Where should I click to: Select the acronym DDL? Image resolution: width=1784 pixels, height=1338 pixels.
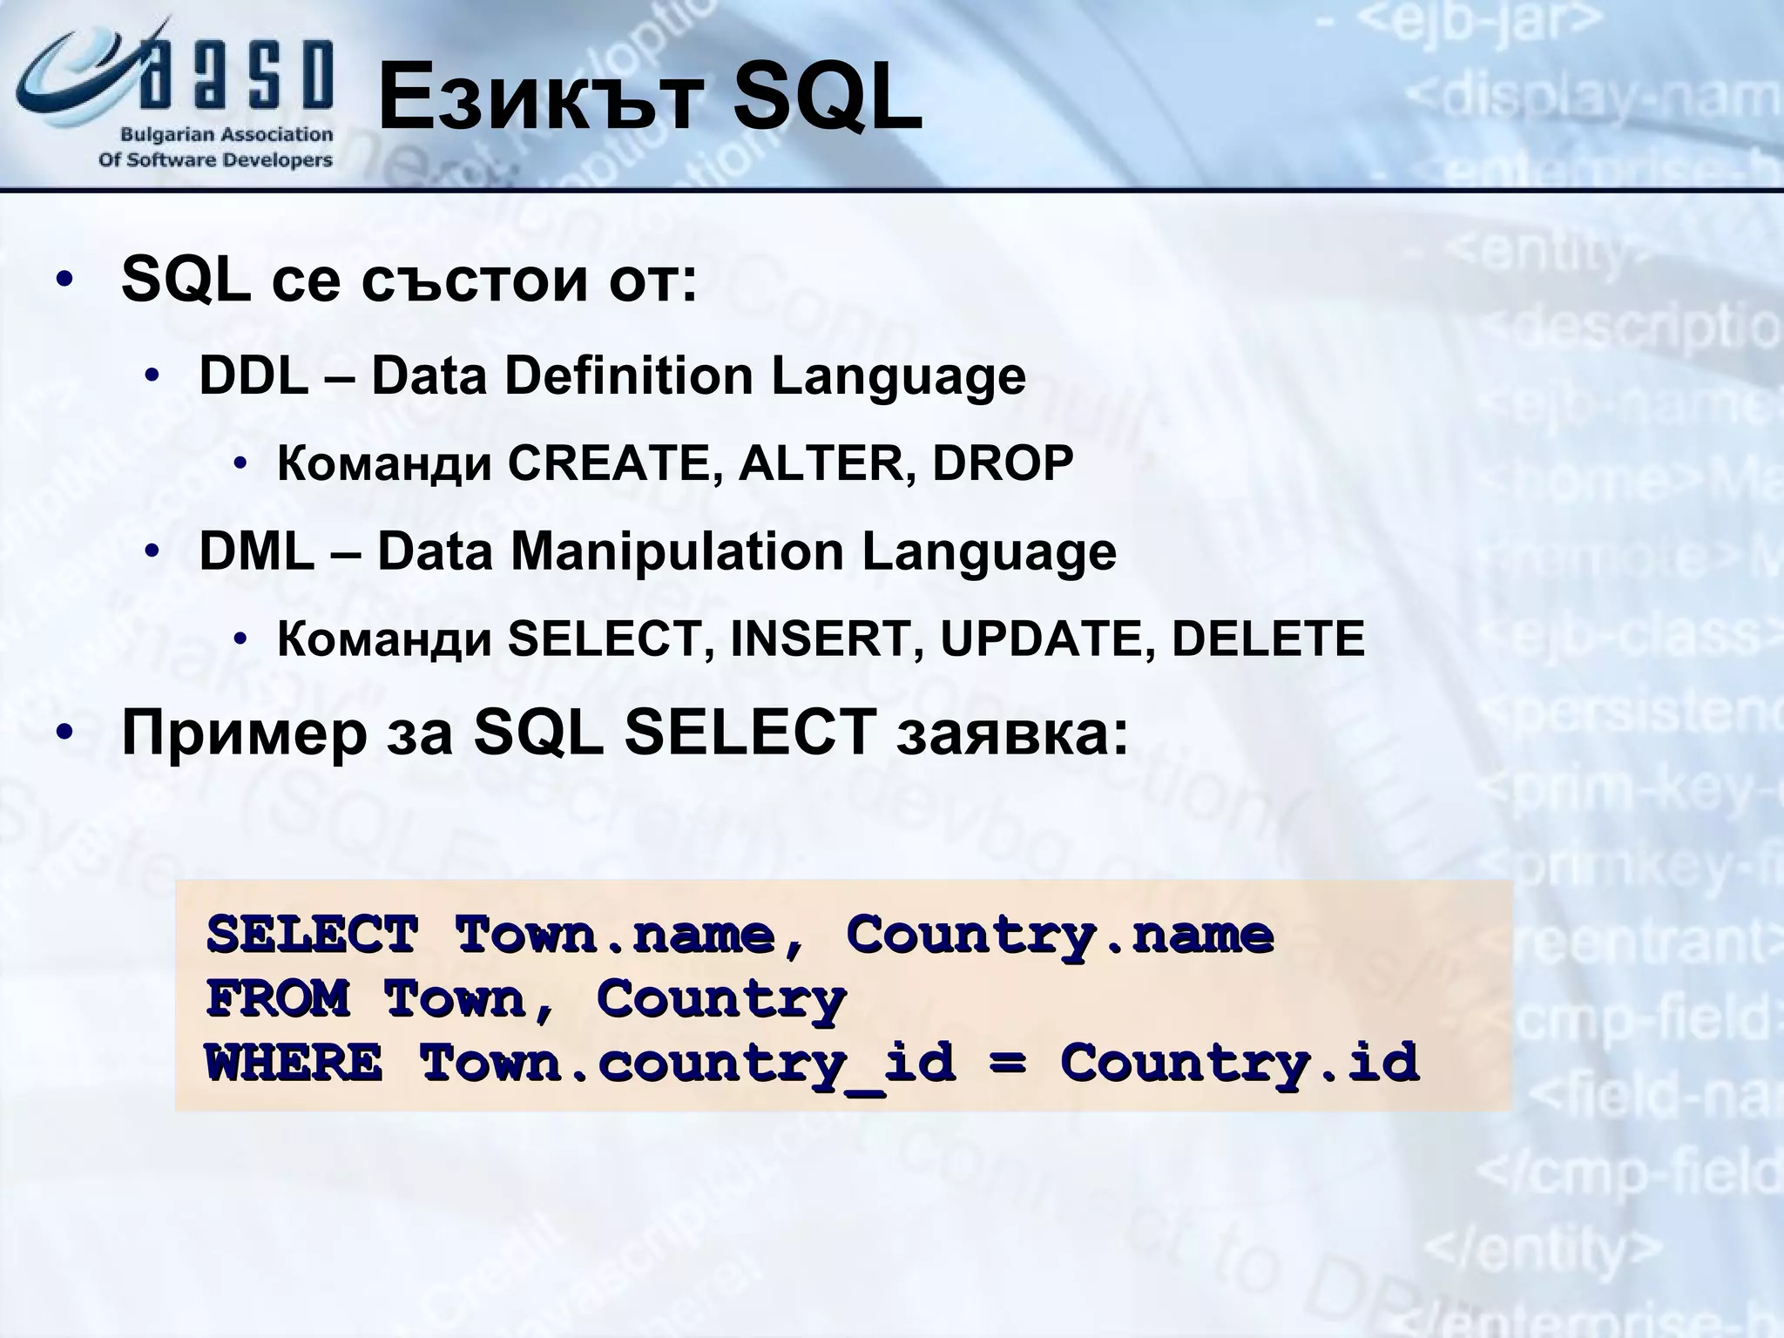coord(253,376)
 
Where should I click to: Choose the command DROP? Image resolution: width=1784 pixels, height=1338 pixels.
coord(1003,463)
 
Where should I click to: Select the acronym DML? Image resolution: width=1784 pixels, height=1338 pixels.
coord(256,552)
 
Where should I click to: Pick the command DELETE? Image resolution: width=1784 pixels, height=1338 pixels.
coord(1267,639)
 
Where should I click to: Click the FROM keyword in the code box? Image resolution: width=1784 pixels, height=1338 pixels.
coord(278,999)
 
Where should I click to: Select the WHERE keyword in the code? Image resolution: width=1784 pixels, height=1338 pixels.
coord(294,1064)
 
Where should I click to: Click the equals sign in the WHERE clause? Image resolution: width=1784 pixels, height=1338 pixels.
coord(1007,1064)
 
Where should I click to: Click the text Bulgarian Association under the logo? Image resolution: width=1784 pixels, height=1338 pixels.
coord(226,135)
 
